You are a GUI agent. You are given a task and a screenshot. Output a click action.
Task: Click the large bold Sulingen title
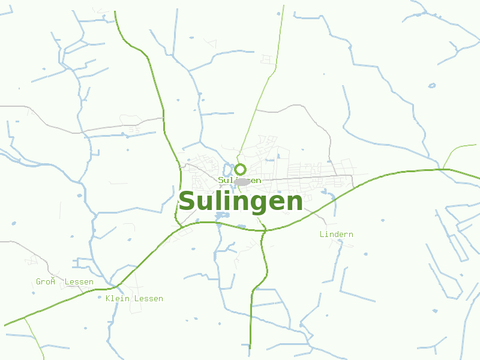(x=241, y=202)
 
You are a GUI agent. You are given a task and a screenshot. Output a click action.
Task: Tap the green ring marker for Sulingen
(x=241, y=169)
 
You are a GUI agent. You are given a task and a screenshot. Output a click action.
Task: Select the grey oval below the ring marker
(x=242, y=181)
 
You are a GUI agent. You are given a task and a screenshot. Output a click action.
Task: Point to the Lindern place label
(x=337, y=235)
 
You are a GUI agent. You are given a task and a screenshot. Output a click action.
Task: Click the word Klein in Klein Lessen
(x=118, y=299)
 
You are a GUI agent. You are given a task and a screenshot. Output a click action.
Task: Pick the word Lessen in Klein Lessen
(x=148, y=299)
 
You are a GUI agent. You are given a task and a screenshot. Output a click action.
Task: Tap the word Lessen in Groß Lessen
(x=79, y=282)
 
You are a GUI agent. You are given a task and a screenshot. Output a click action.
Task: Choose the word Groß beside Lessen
(x=46, y=282)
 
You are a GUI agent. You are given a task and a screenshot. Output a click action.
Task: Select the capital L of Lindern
(x=322, y=235)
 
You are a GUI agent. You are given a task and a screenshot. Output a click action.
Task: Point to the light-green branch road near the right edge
(x=459, y=147)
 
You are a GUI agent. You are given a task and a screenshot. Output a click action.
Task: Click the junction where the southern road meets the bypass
(x=263, y=229)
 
